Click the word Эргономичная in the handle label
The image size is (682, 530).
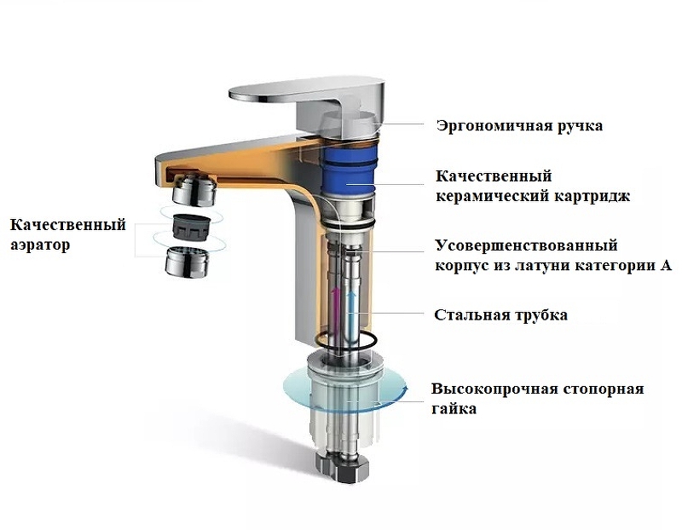494,126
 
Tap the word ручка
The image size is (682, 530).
580,126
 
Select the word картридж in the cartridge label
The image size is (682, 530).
592,197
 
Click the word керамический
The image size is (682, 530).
493,197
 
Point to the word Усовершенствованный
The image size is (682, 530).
527,245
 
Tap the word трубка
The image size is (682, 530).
541,315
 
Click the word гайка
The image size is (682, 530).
454,409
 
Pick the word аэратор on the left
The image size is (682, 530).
40,245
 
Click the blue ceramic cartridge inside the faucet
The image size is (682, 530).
348,170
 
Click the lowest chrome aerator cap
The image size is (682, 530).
187,262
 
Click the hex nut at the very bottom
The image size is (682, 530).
344,469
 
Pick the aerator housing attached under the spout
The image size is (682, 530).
194,189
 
